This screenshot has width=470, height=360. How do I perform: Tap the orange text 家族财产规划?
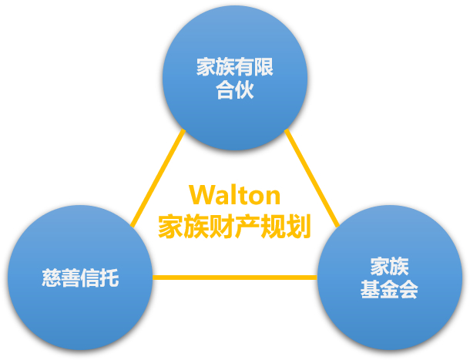tap(234, 226)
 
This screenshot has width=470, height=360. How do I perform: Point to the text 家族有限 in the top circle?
tap(235, 67)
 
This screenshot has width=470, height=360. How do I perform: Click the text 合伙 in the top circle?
tap(235, 92)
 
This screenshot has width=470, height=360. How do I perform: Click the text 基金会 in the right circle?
tap(389, 291)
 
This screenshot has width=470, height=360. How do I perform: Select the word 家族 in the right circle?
tap(389, 267)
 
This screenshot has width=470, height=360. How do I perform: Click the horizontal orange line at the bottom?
tap(235, 278)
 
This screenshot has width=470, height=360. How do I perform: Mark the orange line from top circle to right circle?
tap(312, 177)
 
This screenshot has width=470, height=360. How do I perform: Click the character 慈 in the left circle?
tap(52, 278)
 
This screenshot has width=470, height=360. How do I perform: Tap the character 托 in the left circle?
tap(109, 278)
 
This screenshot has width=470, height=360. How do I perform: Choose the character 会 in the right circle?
tap(408, 291)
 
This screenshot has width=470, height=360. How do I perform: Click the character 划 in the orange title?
tap(299, 226)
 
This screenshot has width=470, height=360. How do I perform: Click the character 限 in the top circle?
tap(264, 67)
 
